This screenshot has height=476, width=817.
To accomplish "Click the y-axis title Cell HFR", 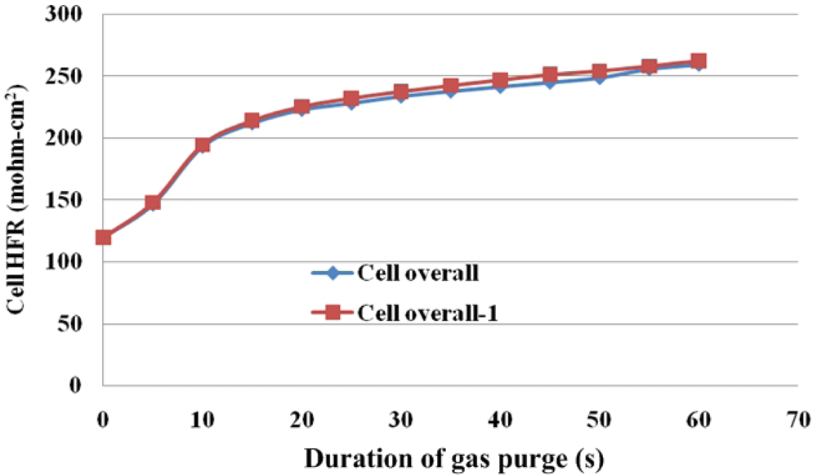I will click(x=17, y=200).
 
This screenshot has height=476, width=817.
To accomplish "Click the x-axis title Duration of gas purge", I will click(x=453, y=459).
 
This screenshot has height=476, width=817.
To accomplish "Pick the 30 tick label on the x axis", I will click(x=401, y=420).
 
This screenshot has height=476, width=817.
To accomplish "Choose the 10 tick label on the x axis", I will click(x=203, y=420).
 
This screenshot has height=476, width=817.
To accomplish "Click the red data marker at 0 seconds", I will click(x=104, y=238).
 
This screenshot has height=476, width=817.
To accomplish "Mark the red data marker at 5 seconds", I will click(x=153, y=202).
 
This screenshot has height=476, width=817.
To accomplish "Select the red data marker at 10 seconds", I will click(x=203, y=145).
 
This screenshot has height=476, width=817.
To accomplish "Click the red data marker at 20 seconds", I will click(x=301, y=107).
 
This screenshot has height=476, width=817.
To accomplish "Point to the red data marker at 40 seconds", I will click(x=500, y=80).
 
